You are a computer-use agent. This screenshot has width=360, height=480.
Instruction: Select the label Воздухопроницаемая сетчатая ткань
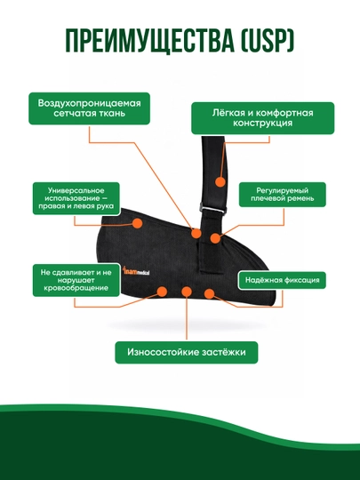(x=90, y=108)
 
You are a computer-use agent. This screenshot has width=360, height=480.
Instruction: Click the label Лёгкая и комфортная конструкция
(x=262, y=118)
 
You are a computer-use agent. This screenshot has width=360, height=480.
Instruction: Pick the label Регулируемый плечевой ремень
(x=283, y=195)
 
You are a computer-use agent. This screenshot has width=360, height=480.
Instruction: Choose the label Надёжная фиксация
(x=283, y=280)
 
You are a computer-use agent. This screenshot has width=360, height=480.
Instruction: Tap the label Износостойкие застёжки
(x=187, y=352)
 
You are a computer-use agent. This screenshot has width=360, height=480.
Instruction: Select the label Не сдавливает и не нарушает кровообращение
(x=76, y=280)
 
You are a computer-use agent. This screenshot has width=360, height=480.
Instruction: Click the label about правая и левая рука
(x=76, y=198)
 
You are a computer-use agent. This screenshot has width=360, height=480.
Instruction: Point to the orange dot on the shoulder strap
(x=220, y=182)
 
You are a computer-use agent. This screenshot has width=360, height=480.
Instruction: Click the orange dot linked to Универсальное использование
(x=137, y=223)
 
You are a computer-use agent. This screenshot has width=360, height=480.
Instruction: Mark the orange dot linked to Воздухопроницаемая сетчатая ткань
(x=196, y=233)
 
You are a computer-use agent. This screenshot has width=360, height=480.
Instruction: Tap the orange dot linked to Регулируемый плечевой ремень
(x=215, y=238)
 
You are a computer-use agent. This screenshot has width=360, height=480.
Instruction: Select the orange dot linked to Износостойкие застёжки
(x=187, y=292)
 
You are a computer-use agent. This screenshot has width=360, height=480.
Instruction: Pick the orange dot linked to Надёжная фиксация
(x=209, y=294)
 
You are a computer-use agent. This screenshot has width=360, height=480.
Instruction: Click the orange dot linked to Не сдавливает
(x=162, y=292)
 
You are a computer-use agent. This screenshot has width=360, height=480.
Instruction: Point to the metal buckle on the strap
(x=213, y=208)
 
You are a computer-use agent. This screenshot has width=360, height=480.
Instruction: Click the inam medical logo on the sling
(x=136, y=271)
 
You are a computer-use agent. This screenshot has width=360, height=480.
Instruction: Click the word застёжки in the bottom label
(x=224, y=352)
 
